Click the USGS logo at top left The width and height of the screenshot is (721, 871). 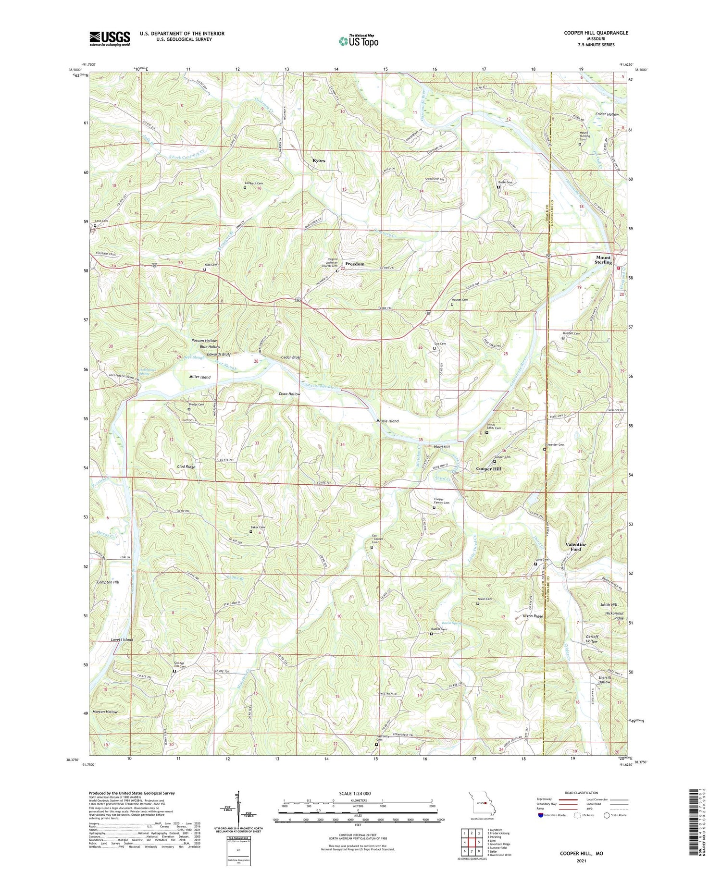tap(110, 38)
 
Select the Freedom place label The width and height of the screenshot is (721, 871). tap(355, 264)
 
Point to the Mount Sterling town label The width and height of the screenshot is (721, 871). tap(603, 260)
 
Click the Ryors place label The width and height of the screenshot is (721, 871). tap(319, 161)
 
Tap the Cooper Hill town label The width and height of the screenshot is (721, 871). tap(488, 468)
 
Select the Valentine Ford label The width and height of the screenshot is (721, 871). tap(575, 547)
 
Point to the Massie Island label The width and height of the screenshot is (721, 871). tap(387, 421)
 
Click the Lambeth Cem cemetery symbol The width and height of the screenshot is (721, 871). tap(245, 188)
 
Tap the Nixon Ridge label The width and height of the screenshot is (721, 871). tap(533, 616)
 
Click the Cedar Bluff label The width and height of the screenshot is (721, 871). tap(291, 357)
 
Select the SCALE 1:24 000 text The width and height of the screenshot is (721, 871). tap(355, 793)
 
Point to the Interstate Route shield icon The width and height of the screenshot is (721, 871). tap(541, 815)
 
